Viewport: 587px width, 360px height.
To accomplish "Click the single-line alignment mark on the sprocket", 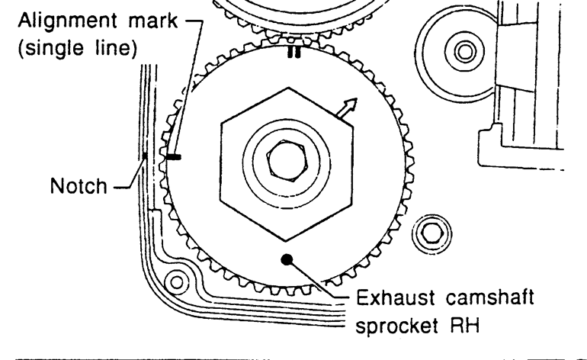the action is click(x=174, y=157).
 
